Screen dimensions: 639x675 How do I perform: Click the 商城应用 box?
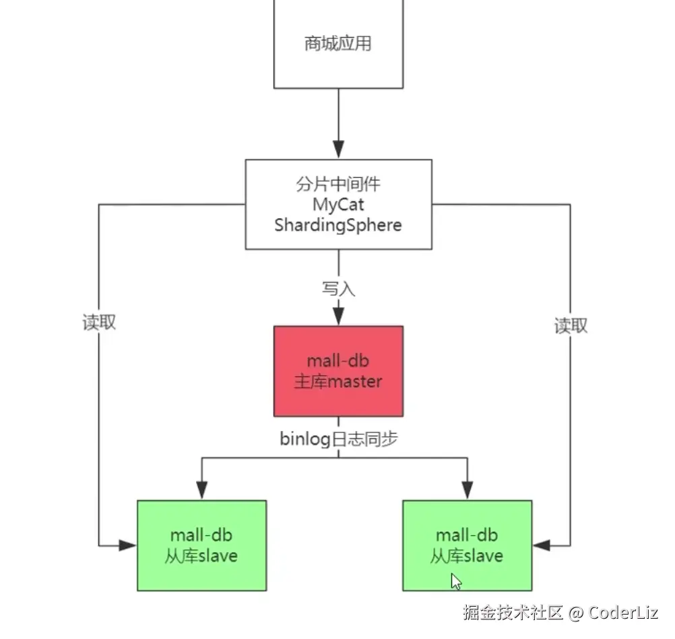click(338, 44)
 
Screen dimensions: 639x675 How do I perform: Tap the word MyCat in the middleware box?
click(338, 203)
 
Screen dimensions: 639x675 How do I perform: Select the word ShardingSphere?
click(338, 224)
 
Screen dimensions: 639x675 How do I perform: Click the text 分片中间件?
click(338, 183)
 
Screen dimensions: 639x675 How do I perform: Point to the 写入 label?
click(338, 290)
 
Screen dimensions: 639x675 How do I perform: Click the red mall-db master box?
click(338, 371)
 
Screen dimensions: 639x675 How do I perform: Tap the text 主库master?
click(338, 382)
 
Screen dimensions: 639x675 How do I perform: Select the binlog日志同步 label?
click(338, 440)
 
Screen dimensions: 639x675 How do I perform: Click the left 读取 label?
click(100, 323)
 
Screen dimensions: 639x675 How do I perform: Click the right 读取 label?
click(571, 326)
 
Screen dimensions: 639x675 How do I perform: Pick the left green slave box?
click(201, 545)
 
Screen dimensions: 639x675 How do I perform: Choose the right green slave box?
click(468, 545)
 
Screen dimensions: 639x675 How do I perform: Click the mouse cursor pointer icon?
click(456, 581)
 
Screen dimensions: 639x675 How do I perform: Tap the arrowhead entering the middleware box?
click(338, 150)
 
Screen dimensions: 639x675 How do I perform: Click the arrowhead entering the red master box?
click(338, 317)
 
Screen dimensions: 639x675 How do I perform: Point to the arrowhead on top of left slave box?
click(201, 492)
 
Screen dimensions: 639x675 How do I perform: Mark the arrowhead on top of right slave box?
click(468, 492)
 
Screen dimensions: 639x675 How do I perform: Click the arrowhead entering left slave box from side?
click(128, 545)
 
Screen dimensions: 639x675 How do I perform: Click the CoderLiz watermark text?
click(623, 613)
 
